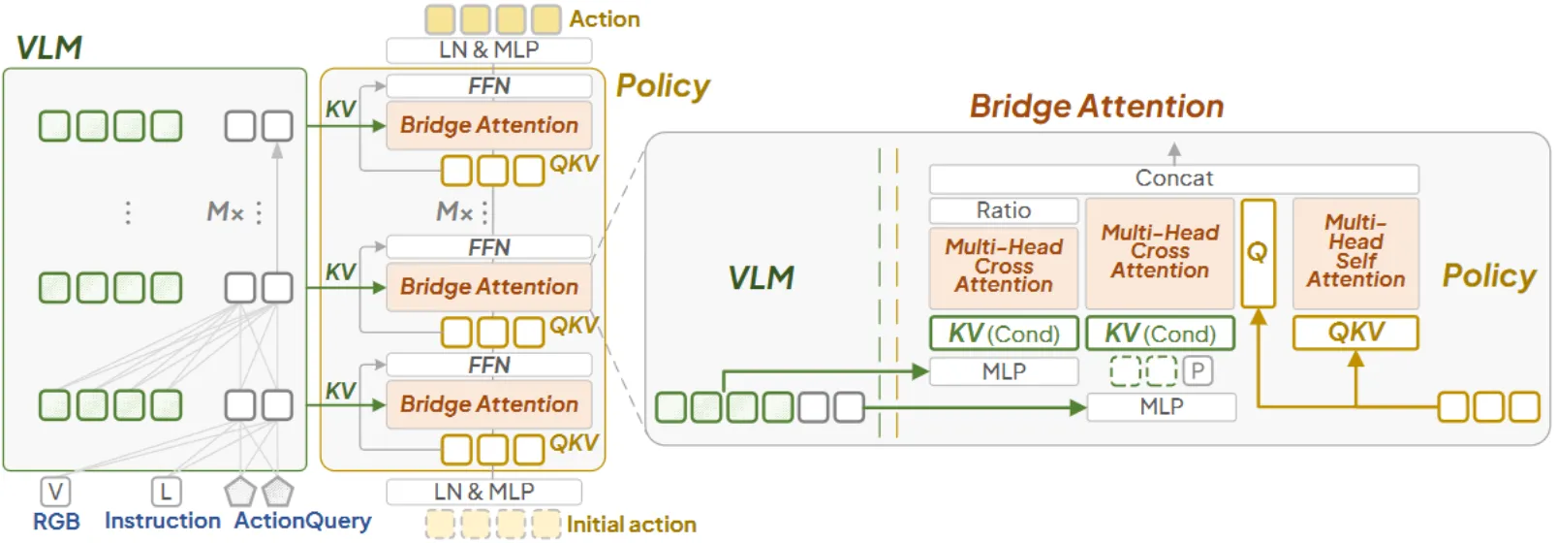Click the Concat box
[1173, 178]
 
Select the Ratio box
[1004, 210]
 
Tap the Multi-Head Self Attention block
[1355, 252]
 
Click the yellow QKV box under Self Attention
[1355, 333]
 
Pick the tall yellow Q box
[1258, 252]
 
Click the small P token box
[1198, 370]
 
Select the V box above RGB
[55, 492]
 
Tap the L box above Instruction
[166, 492]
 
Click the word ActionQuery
[302, 521]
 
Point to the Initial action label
[631, 525]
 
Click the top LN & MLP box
[488, 49]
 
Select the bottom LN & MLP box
[483, 492]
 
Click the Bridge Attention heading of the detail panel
[1097, 106]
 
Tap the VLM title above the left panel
[49, 48]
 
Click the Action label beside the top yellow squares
[605, 19]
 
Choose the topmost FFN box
[488, 85]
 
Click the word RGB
[56, 522]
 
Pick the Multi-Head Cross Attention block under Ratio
[1004, 267]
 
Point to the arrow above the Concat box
[1174, 151]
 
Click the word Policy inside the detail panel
[1488, 275]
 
